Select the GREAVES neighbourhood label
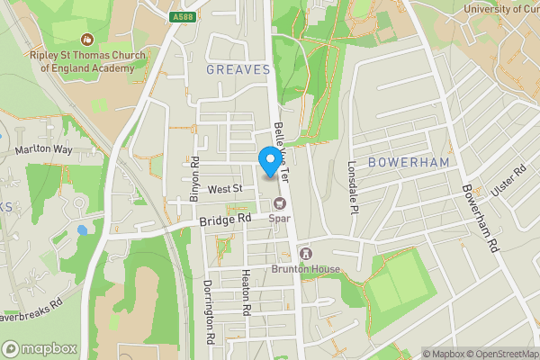point(238,69)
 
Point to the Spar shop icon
point(279,202)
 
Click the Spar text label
point(280,217)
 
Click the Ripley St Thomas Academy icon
point(87,40)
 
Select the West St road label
point(225,189)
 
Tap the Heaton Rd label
point(245,292)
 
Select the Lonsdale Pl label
point(353,186)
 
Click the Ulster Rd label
point(507,181)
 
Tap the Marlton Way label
point(42,149)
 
